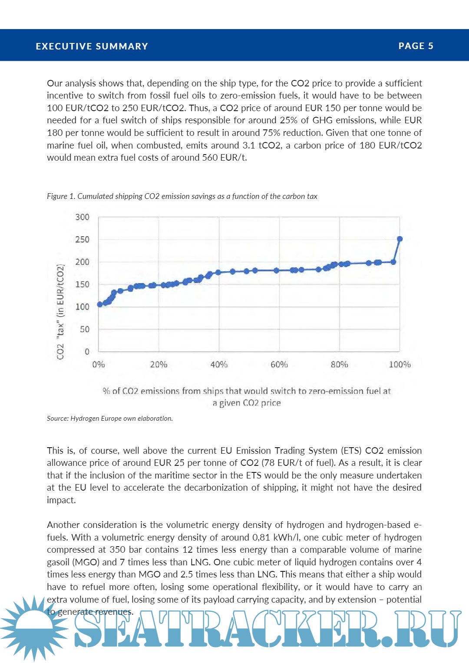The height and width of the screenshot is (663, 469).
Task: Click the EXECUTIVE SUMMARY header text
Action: tap(92, 46)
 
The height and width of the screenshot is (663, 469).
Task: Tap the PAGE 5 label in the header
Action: tap(416, 46)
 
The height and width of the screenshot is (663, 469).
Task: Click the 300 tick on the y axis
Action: tap(82, 217)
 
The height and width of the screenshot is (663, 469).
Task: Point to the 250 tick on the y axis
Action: tap(82, 240)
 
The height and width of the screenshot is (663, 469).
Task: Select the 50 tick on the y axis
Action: tap(84, 330)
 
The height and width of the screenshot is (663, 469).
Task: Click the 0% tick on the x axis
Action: tap(99, 365)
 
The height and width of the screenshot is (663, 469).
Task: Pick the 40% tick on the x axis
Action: tap(219, 365)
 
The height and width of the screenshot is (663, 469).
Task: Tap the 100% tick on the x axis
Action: tap(400, 365)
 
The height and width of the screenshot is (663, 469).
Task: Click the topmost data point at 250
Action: tap(400, 239)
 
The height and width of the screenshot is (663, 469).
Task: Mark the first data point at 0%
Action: tap(100, 304)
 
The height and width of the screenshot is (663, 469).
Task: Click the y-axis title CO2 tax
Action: tap(60, 312)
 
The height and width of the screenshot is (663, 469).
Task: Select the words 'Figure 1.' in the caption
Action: tap(61, 196)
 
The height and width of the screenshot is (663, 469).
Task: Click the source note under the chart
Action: tap(110, 419)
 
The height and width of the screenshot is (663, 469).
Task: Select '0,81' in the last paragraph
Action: tap(261, 538)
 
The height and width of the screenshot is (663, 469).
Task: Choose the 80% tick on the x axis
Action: tap(339, 365)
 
